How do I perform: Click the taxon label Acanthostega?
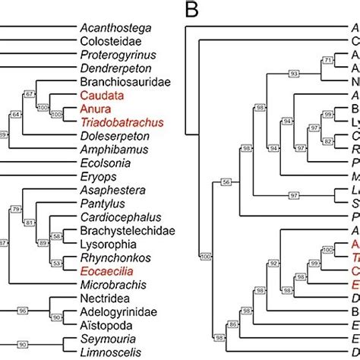click(115, 28)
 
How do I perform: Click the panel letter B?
click(192, 11)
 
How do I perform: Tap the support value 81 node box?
click(30, 223)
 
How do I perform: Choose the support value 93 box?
click(292, 74)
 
